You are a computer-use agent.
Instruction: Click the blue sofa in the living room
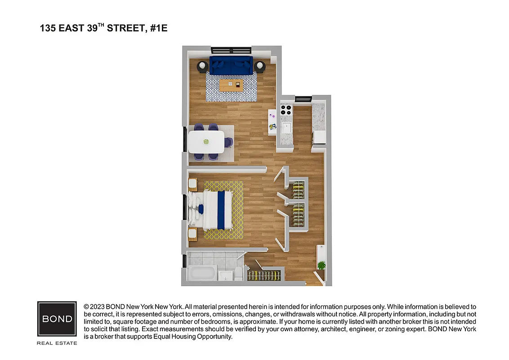(x=231, y=66)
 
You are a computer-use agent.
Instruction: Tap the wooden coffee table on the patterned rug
(x=231, y=84)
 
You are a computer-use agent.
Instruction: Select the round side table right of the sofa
(x=260, y=67)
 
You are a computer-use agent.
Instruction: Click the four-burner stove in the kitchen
(x=286, y=110)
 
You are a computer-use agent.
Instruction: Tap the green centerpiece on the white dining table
(x=207, y=142)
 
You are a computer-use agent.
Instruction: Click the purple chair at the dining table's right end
(x=229, y=142)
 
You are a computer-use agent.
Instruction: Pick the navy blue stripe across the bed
(x=221, y=209)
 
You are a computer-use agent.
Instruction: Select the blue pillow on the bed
(x=201, y=209)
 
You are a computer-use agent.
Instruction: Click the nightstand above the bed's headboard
(x=192, y=184)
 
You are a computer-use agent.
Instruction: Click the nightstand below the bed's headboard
(x=192, y=234)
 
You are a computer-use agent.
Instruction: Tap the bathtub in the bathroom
(x=201, y=273)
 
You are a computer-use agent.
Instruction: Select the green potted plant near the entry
(x=321, y=265)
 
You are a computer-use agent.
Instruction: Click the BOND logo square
(x=57, y=319)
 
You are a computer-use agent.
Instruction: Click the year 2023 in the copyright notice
(x=98, y=306)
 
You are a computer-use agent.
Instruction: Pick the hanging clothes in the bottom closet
(x=265, y=275)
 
